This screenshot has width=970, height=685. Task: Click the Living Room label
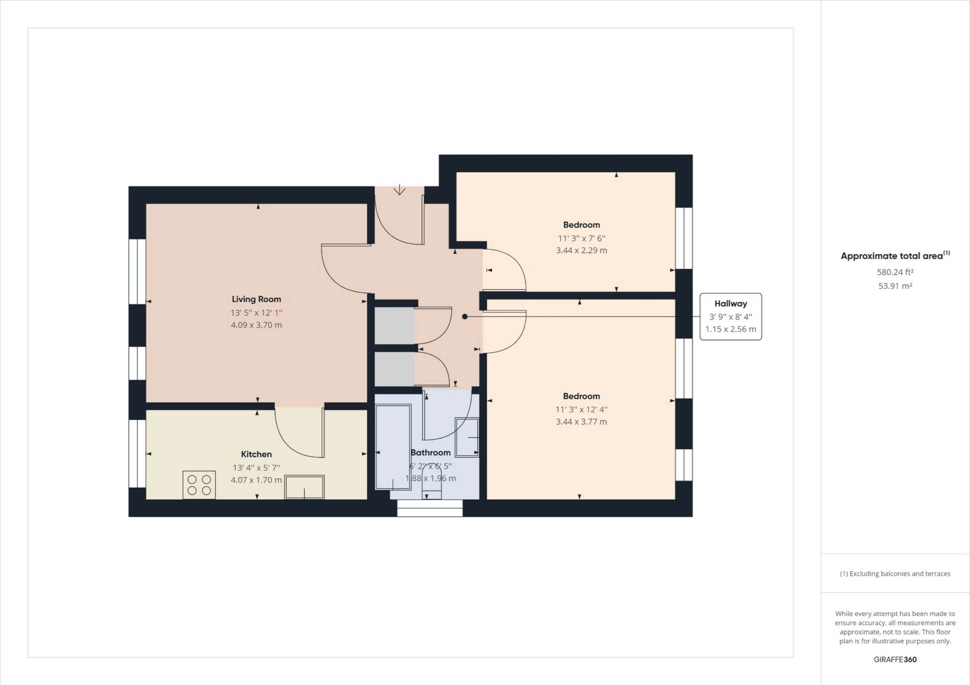[256, 299]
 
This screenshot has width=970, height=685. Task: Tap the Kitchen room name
[256, 454]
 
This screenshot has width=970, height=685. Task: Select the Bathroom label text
[430, 453]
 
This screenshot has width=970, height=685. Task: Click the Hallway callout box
[731, 317]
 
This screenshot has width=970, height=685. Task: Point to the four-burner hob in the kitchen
[199, 485]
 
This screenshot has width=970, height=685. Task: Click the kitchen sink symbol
[304, 487]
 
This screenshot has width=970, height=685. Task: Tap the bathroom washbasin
[467, 437]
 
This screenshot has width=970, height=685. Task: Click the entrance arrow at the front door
[400, 189]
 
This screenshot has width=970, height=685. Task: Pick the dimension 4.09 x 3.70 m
[256, 325]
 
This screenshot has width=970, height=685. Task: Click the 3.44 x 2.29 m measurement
[581, 250]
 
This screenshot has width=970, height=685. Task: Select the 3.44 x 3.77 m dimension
[581, 422]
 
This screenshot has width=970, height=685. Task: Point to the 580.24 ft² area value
[895, 272]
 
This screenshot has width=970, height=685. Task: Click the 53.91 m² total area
[895, 286]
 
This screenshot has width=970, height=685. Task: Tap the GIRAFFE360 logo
[895, 659]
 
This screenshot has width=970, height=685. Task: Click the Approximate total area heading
[895, 255]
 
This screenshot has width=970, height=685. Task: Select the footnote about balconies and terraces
[895, 573]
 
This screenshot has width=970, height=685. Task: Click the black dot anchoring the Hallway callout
[465, 317]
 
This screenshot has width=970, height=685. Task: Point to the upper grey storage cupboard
[395, 326]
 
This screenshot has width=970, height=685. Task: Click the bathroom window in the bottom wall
[430, 508]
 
